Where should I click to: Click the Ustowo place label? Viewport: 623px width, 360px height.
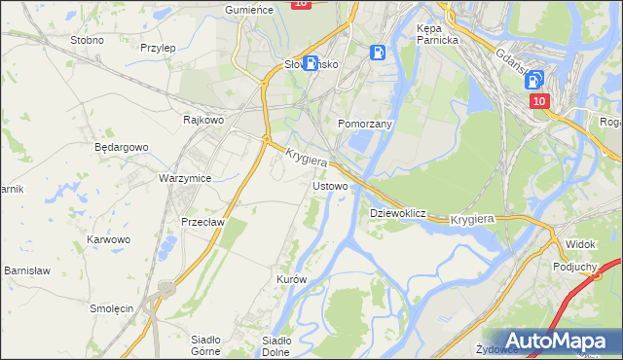click(329, 186)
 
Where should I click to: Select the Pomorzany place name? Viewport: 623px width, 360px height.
click(364, 125)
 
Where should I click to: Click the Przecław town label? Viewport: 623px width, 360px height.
click(203, 222)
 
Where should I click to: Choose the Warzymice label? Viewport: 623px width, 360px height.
click(185, 179)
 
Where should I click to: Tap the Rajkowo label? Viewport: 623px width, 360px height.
click(204, 121)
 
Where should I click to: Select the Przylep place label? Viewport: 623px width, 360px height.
click(157, 47)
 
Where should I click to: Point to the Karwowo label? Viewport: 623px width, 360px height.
click(108, 238)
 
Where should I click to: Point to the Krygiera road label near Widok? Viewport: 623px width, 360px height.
click(473, 221)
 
